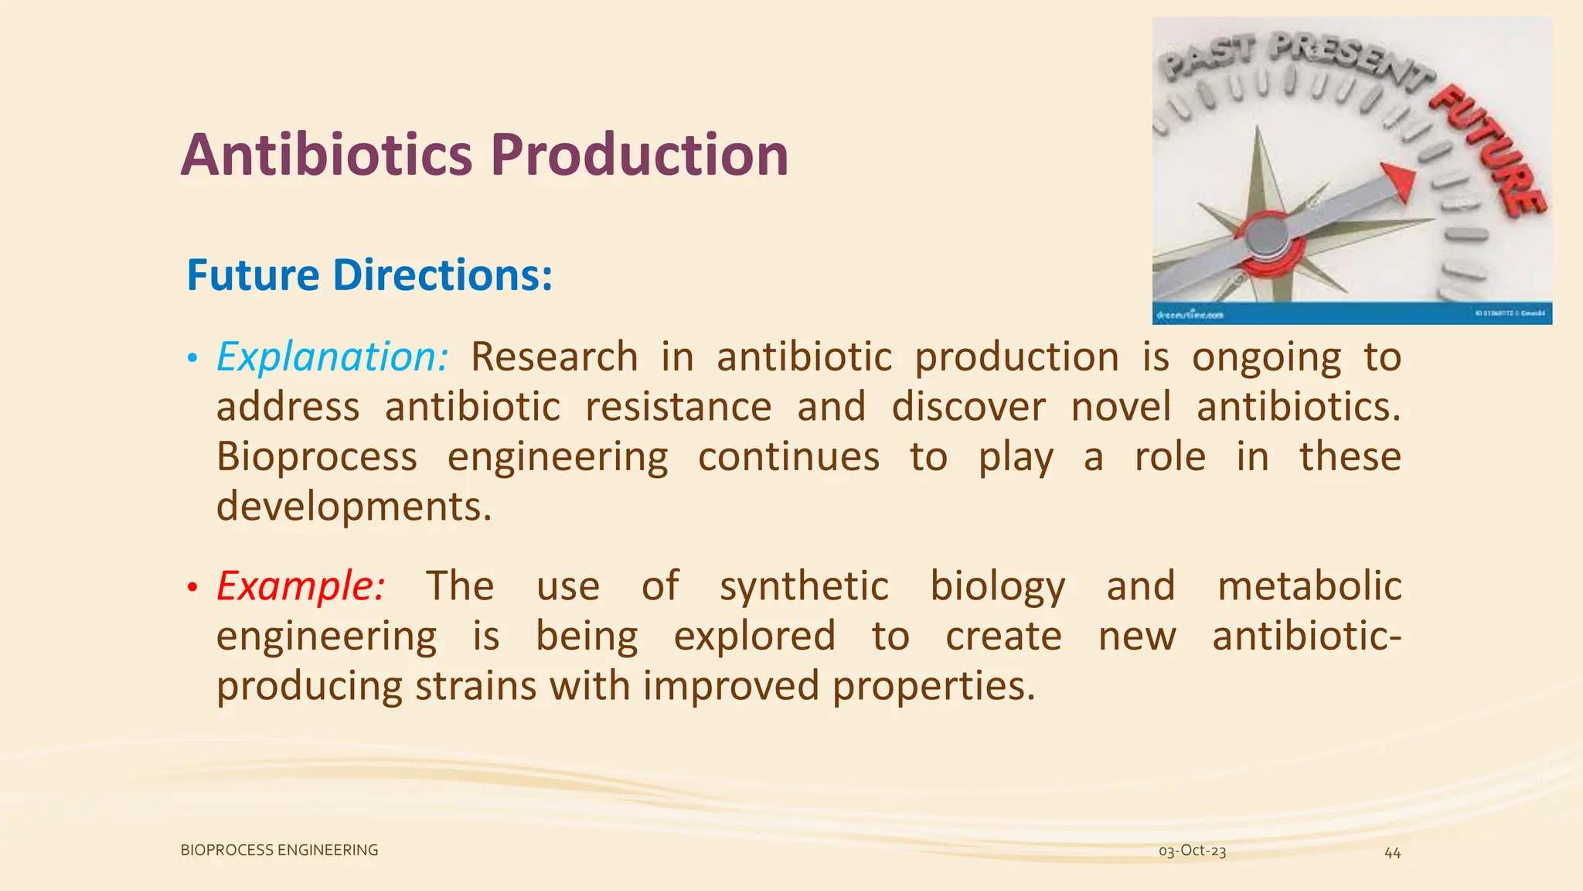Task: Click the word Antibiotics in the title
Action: (326, 155)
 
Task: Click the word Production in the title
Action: (639, 155)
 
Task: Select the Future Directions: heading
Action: (369, 275)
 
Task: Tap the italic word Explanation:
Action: (332, 357)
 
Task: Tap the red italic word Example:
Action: (300, 586)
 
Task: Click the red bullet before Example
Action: (192, 588)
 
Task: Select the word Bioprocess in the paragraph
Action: (316, 456)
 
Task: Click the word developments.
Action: (353, 507)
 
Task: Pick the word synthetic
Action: (804, 586)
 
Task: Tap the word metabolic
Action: (1309, 585)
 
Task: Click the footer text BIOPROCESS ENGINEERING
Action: (279, 850)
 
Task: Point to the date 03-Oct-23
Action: (1192, 851)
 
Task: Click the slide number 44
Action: (1392, 852)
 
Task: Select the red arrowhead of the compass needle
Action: (1399, 183)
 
